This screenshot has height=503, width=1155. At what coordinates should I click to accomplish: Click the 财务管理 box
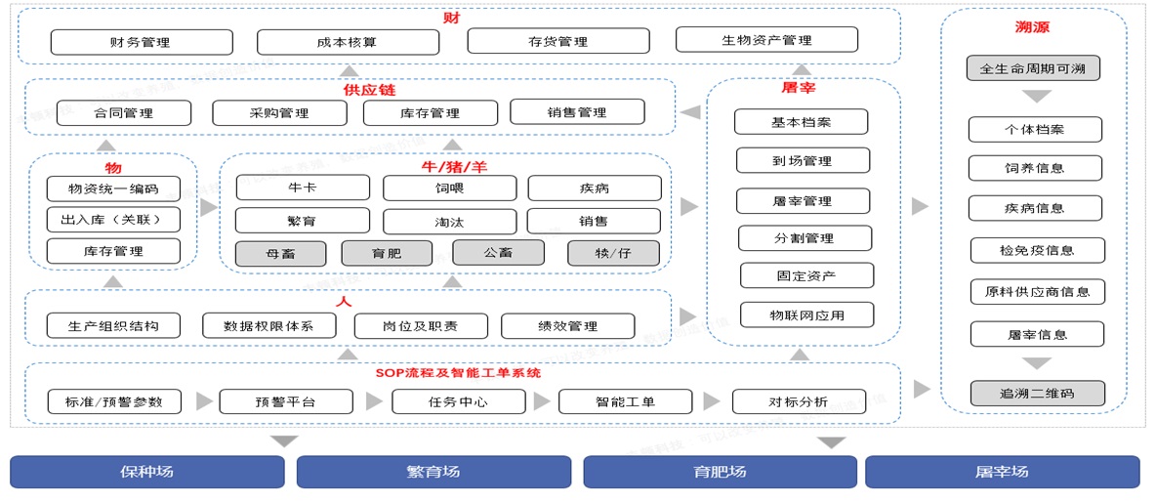tap(142, 42)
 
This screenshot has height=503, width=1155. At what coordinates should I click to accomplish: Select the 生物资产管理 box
tap(766, 40)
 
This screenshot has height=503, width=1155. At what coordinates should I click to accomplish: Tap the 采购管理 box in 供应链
tap(279, 112)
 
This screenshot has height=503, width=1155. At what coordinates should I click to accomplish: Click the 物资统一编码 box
tap(113, 189)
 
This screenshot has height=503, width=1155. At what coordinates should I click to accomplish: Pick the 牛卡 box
tap(303, 188)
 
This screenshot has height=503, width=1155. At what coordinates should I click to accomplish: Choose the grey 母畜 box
tap(280, 253)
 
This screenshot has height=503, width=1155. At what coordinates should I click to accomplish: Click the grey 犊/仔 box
tap(613, 253)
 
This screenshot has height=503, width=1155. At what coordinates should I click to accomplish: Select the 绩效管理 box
tap(568, 326)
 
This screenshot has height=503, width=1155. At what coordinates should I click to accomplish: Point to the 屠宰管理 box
tap(804, 201)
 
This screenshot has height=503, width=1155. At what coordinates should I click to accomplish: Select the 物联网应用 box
tap(807, 315)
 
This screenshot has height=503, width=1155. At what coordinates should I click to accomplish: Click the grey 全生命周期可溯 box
tap(1034, 68)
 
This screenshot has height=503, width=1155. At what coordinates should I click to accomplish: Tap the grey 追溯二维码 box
tap(1038, 393)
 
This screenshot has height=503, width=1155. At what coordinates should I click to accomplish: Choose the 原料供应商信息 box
tap(1037, 291)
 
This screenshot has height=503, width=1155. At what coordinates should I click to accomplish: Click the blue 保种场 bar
tap(147, 472)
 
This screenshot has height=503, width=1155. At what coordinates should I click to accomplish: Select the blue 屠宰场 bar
tap(1002, 472)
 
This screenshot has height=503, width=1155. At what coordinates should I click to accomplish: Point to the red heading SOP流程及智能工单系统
tap(458, 373)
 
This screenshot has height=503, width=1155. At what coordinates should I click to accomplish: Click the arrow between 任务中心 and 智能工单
tap(542, 401)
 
